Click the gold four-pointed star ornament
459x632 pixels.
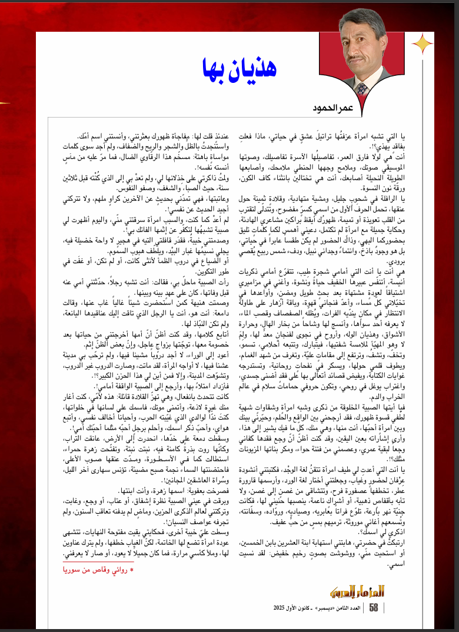tap(421, 44)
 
